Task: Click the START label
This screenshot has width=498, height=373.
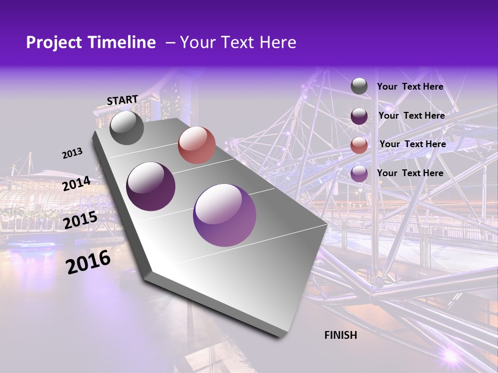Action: coord(122,100)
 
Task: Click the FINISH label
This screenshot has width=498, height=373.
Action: coord(340,335)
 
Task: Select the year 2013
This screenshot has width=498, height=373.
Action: coord(72,153)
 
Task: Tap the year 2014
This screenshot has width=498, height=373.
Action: coord(76,184)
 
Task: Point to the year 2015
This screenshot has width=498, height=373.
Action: coord(80,220)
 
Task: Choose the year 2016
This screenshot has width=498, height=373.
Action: coord(88,262)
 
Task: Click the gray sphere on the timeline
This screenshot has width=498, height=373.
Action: coord(127,127)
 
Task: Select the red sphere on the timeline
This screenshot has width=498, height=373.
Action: coord(197,145)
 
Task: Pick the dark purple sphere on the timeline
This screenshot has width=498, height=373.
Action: coord(151,187)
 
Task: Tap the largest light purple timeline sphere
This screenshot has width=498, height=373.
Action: coord(225,215)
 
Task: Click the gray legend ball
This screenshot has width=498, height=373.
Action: coord(359,87)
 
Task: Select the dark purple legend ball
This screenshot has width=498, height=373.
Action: coord(359,116)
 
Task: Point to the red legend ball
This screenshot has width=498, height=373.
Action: coord(359,145)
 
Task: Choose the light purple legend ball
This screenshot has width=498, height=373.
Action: coord(359,174)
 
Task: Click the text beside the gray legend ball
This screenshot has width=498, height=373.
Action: coord(410,87)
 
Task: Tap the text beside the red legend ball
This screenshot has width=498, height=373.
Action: coord(412,144)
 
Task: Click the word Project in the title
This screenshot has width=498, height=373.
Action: coord(54,42)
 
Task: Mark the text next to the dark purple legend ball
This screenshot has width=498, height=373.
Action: coord(411,116)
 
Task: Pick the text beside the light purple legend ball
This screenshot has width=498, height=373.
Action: coord(410,173)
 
